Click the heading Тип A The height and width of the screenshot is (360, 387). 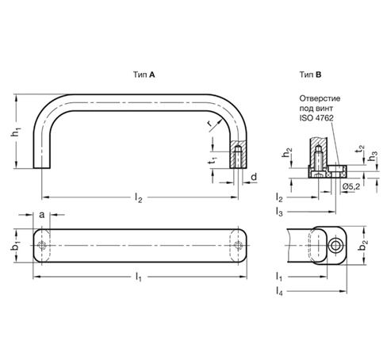point(144,75)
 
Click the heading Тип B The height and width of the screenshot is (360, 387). point(310,75)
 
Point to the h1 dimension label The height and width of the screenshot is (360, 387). point(16,132)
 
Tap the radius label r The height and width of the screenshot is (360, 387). point(209,123)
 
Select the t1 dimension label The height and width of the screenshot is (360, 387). point(213,160)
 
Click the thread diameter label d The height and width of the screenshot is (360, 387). point(254,177)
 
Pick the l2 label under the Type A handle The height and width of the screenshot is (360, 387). point(139,197)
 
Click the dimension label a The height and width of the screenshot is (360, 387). point(42,215)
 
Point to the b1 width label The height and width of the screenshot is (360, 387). point(16,246)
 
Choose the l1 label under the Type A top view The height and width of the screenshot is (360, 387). point(139,277)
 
